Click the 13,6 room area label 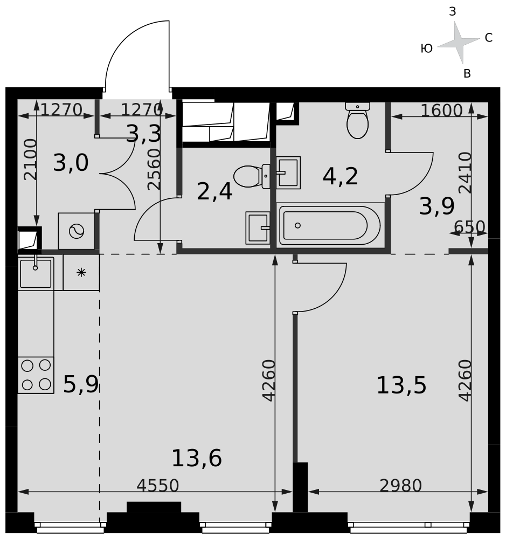(197, 458)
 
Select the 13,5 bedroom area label (401, 385)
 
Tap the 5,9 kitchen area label (81, 384)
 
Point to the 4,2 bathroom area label (341, 176)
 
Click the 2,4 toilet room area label (214, 191)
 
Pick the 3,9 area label (436, 206)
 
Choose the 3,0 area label (71, 163)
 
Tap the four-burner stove (36, 375)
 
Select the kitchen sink (36, 274)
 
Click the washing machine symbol (77, 231)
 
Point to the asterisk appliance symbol (81, 273)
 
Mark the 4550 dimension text (158, 486)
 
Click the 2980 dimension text (401, 486)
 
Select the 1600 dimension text (442, 110)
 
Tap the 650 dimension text (469, 227)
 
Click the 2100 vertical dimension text (30, 159)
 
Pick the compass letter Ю (427, 49)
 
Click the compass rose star (459, 43)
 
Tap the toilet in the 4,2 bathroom (357, 120)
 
